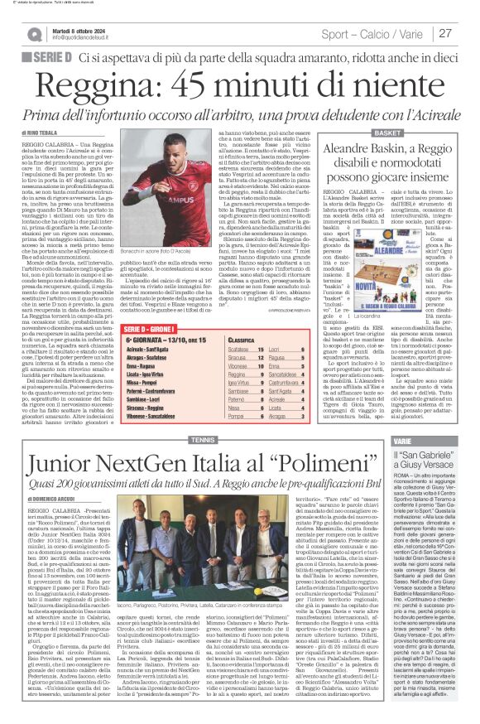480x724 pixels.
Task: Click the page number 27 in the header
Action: pyautogui.click(x=444, y=33)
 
